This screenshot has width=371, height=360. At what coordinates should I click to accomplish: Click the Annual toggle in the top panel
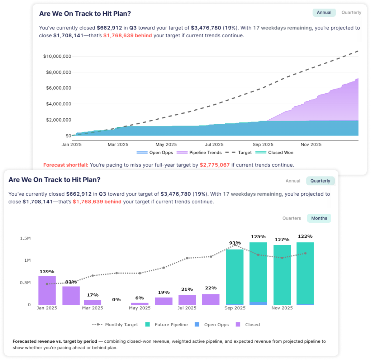tap(324, 13)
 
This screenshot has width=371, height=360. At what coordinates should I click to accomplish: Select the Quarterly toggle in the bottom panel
tap(320, 181)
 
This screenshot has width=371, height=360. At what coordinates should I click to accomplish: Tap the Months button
tap(319, 218)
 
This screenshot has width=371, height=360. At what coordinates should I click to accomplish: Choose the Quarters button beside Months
tap(291, 218)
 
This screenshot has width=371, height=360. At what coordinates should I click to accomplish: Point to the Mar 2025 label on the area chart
tap(118, 145)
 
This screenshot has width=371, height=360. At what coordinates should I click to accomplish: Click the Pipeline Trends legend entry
tap(205, 152)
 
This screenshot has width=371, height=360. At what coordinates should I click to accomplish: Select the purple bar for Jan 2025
tap(47, 290)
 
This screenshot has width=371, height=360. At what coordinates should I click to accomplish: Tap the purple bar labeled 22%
tap(211, 299)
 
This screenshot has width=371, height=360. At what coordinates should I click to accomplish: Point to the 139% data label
tap(47, 272)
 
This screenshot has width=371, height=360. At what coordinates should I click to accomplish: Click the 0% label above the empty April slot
tap(116, 299)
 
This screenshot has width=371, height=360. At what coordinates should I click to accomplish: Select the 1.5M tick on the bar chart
tap(25, 238)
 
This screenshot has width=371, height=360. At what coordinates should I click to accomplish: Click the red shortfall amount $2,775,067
tap(215, 165)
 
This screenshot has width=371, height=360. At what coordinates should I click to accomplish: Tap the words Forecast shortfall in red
tap(65, 165)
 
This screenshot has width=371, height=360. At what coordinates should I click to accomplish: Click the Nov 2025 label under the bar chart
tap(282, 308)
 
